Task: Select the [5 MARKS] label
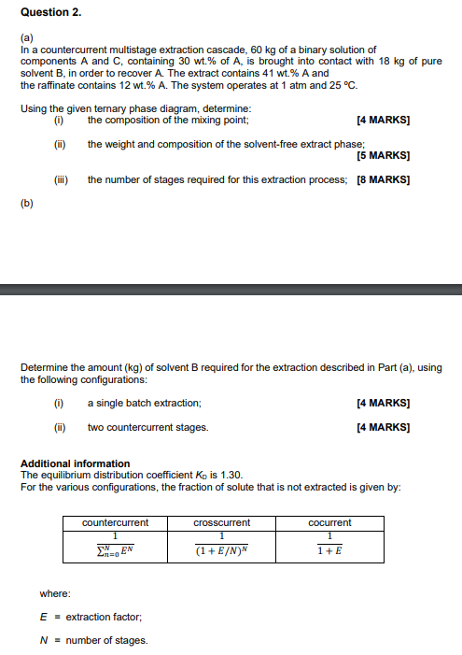click(384, 155)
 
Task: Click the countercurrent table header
click(115, 522)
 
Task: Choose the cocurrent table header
click(329, 522)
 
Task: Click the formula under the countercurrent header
click(115, 544)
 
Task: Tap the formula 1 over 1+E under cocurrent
click(329, 544)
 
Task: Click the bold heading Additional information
click(76, 463)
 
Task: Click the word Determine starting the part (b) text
click(45, 367)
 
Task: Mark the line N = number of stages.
click(93, 640)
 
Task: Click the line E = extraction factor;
click(91, 617)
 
